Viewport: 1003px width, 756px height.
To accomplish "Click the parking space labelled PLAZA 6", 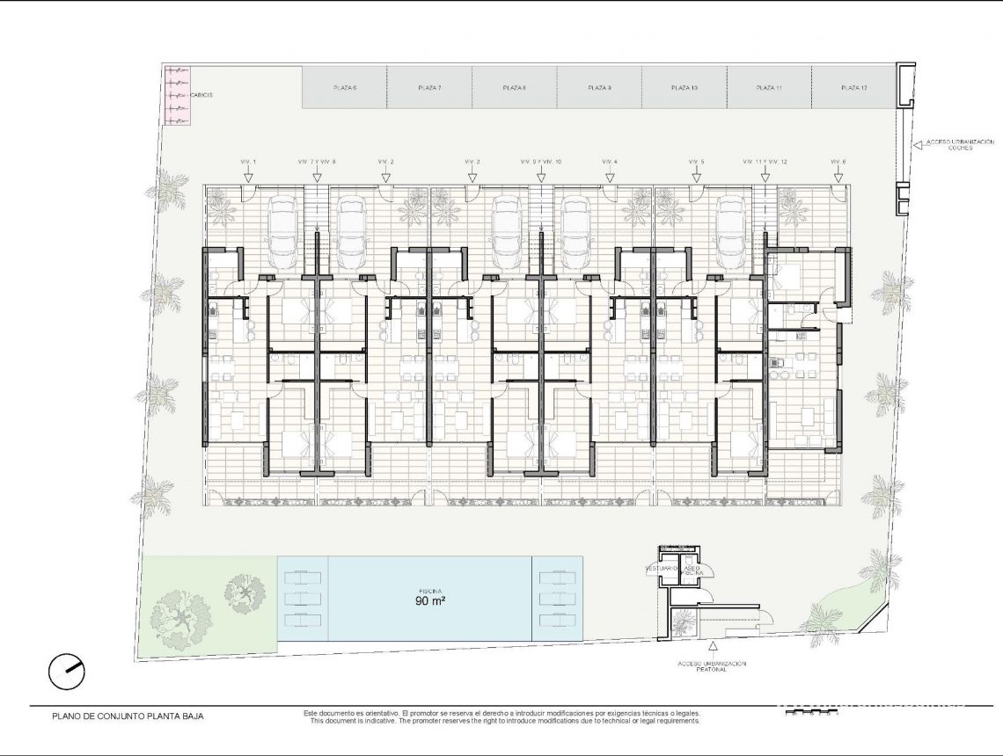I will (x=345, y=88).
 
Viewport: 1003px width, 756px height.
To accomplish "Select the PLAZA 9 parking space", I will (x=599, y=88).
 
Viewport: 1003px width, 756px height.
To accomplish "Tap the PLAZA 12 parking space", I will (x=853, y=88).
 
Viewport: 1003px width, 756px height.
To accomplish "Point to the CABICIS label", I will (x=201, y=95).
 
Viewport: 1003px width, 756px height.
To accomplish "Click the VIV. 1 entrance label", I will (x=248, y=162).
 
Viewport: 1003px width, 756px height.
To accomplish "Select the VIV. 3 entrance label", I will (x=472, y=162).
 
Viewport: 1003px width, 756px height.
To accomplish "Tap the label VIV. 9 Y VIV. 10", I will (x=541, y=162).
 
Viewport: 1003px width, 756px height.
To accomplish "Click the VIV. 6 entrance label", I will (x=838, y=162).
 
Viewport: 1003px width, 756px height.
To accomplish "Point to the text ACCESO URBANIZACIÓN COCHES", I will (x=959, y=144).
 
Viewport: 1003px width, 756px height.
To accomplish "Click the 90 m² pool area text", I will (x=430, y=602).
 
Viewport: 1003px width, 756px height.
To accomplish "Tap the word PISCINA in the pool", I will (x=430, y=591).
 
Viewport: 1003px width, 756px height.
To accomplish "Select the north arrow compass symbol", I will (x=67, y=672).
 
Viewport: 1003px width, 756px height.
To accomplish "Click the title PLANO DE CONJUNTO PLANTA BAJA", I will (x=128, y=716).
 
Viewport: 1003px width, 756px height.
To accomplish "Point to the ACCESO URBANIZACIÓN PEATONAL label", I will (x=712, y=666).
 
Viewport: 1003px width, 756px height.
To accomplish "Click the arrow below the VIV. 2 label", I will (x=385, y=176).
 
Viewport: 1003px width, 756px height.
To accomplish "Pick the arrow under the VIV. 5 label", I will (x=696, y=176).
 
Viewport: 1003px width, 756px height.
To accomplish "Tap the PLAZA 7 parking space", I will (x=429, y=88).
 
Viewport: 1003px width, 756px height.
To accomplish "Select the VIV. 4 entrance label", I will (x=610, y=162).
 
